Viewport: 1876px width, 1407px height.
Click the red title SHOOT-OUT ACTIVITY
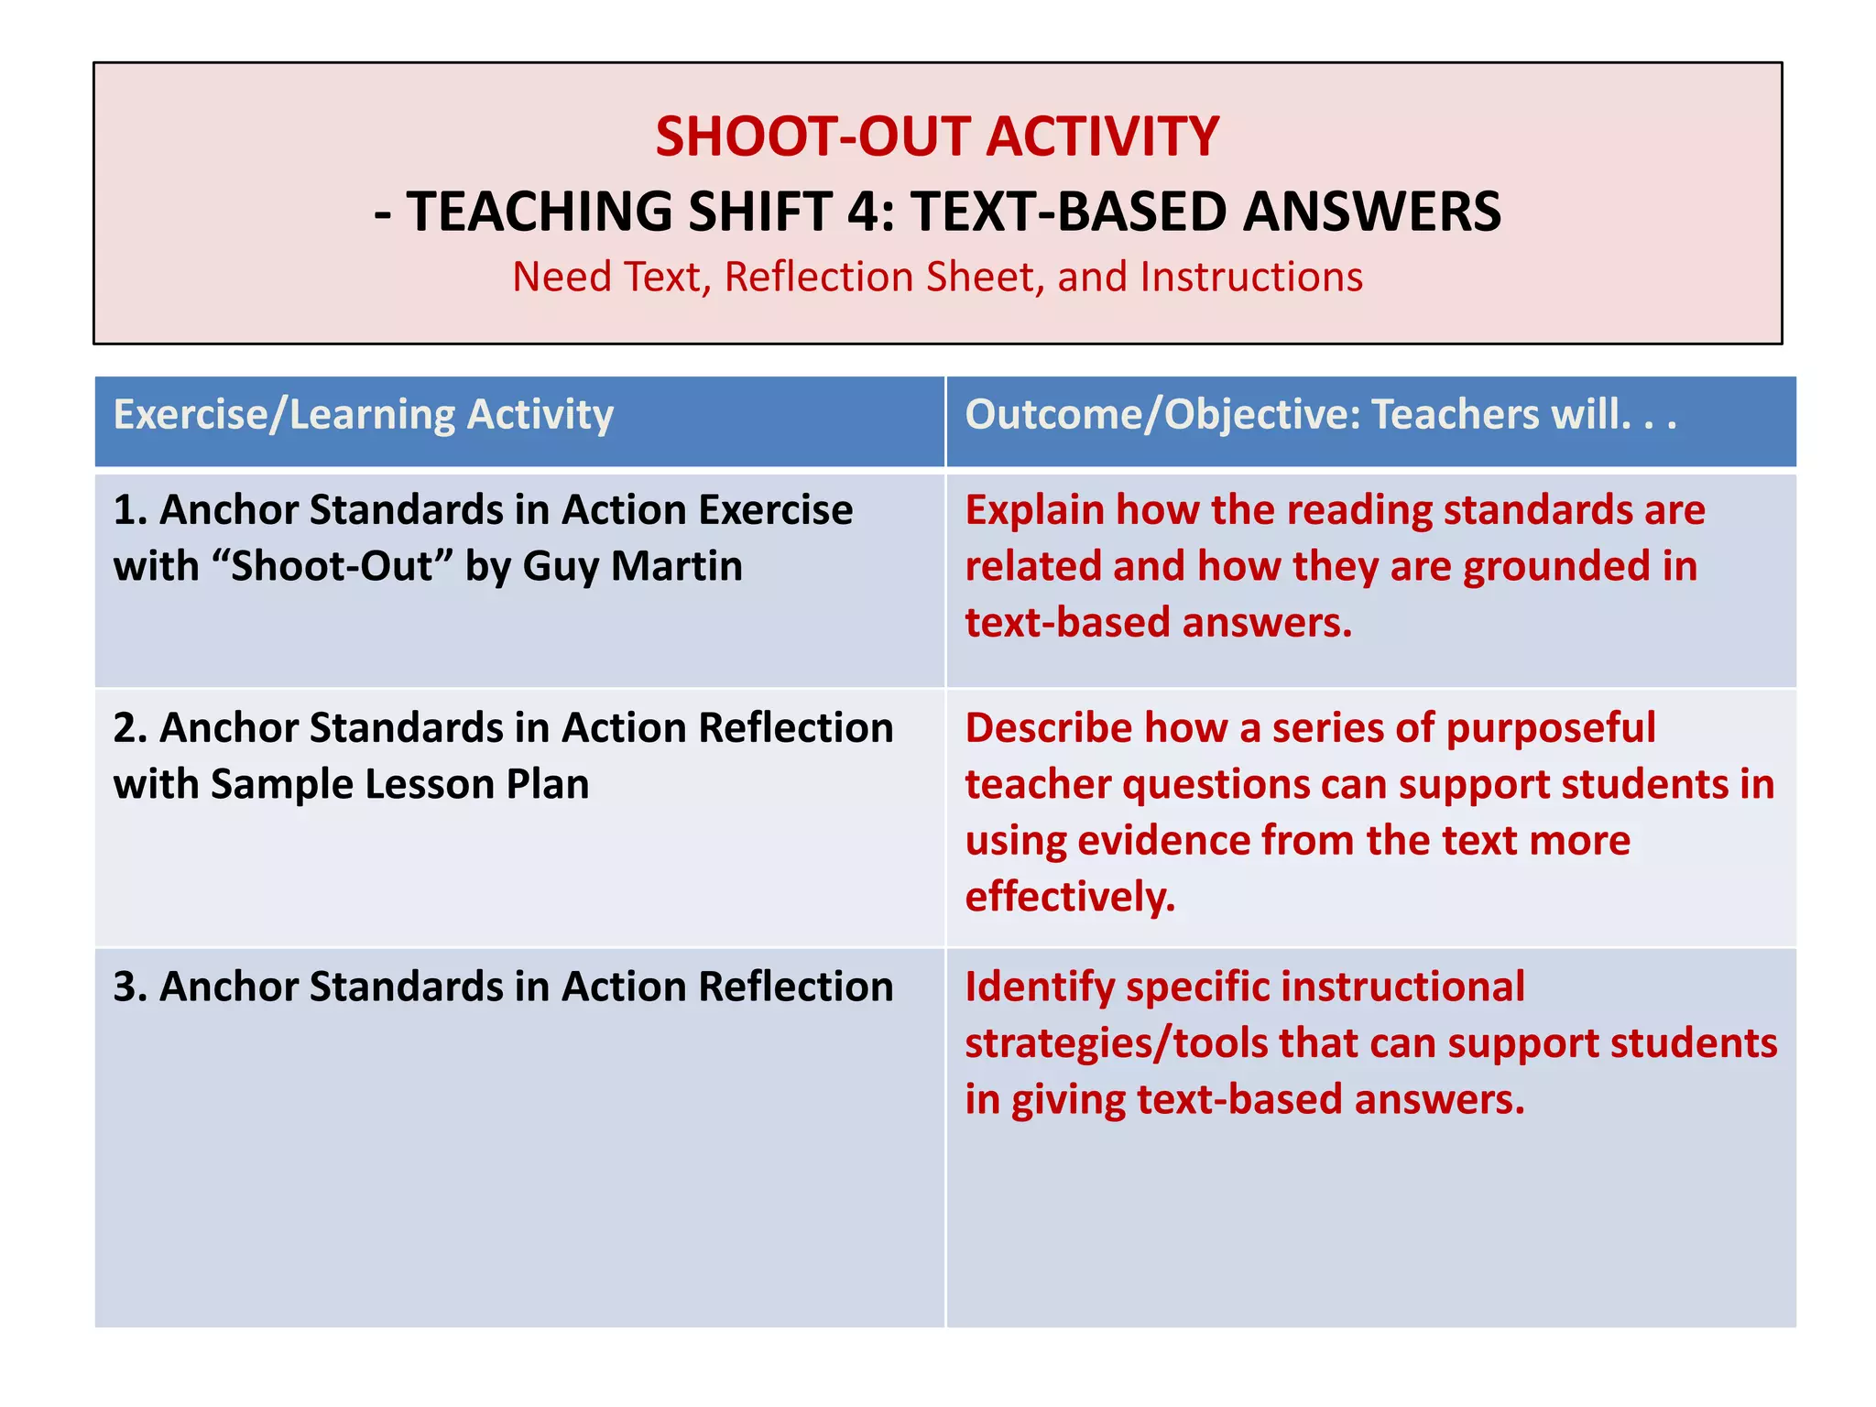936,137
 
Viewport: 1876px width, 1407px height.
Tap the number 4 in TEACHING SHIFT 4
862,213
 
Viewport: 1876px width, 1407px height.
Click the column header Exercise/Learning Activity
363,414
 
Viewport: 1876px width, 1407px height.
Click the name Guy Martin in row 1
632,566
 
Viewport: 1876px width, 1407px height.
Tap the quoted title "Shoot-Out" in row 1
333,566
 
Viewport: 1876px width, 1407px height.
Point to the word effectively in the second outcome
1068,897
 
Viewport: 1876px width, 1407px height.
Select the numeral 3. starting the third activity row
130,987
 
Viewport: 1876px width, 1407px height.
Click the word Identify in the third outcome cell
1039,987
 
